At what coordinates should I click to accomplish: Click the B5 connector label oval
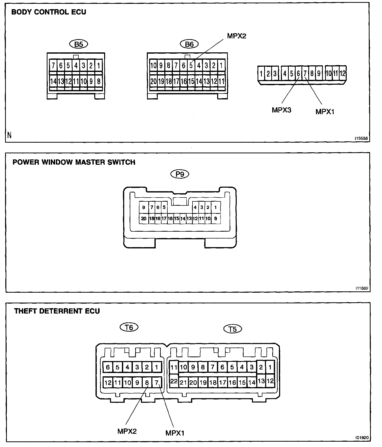pyautogui.click(x=78, y=44)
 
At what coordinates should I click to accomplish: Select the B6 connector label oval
pyautogui.click(x=189, y=44)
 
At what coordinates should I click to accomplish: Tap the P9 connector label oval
pyautogui.click(x=180, y=174)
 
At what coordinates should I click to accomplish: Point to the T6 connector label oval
pyautogui.click(x=129, y=327)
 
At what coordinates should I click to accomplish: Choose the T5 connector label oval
pyautogui.click(x=232, y=329)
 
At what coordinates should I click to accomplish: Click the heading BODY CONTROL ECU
pyautogui.click(x=49, y=12)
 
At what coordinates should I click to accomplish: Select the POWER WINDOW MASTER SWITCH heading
pyautogui.click(x=74, y=162)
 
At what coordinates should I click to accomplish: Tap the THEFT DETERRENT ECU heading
pyautogui.click(x=57, y=311)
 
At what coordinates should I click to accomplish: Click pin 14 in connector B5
pyautogui.click(x=53, y=81)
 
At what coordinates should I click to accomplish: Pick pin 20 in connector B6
pyautogui.click(x=153, y=81)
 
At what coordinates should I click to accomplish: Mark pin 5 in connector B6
pyautogui.click(x=191, y=66)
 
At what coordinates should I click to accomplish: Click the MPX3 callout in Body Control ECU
pyautogui.click(x=281, y=110)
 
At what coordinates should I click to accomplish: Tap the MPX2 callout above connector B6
pyautogui.click(x=236, y=36)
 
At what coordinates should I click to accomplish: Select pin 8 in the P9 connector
pyautogui.click(x=144, y=207)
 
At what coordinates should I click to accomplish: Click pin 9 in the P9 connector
pyautogui.click(x=216, y=218)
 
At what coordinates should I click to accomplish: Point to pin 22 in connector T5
pyautogui.click(x=174, y=381)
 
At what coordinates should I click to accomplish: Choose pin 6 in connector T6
pyautogui.click(x=108, y=367)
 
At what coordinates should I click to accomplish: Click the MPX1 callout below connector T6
pyautogui.click(x=175, y=433)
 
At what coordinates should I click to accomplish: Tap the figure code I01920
pyautogui.click(x=362, y=438)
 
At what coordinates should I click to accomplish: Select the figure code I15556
pyautogui.click(x=361, y=139)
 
